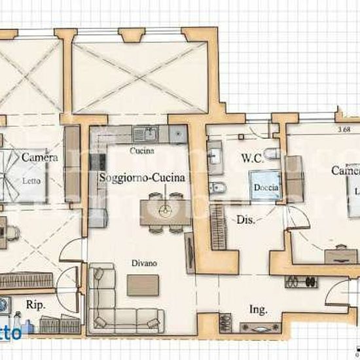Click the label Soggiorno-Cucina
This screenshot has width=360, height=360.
pos(142,177)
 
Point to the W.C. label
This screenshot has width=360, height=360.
pos(252,158)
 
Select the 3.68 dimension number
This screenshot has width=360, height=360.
pos(345,129)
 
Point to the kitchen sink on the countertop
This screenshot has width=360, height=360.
pos(145,134)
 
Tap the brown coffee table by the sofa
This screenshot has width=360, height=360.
pos(143,284)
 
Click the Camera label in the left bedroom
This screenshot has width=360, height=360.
pos(39,158)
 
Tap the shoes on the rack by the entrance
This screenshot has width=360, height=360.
pos(301,282)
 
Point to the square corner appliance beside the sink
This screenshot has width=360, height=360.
pos(175,134)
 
